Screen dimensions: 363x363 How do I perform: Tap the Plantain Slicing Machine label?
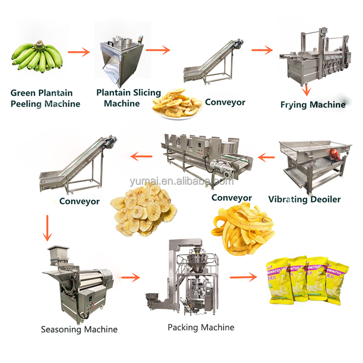pyautogui.click(x=128, y=98)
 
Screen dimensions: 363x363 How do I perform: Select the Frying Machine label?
pyautogui.click(x=313, y=104)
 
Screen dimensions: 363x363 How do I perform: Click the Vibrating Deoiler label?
pyautogui.click(x=304, y=199)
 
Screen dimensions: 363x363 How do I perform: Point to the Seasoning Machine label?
pyautogui.click(x=79, y=329)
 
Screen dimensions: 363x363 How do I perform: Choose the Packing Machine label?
pyautogui.click(x=201, y=328)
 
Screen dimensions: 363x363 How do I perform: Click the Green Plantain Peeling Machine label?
pyautogui.click(x=45, y=98)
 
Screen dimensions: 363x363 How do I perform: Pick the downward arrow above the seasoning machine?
pyautogui.click(x=47, y=228)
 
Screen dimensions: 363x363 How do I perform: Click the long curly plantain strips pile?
pyautogui.click(x=242, y=229)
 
